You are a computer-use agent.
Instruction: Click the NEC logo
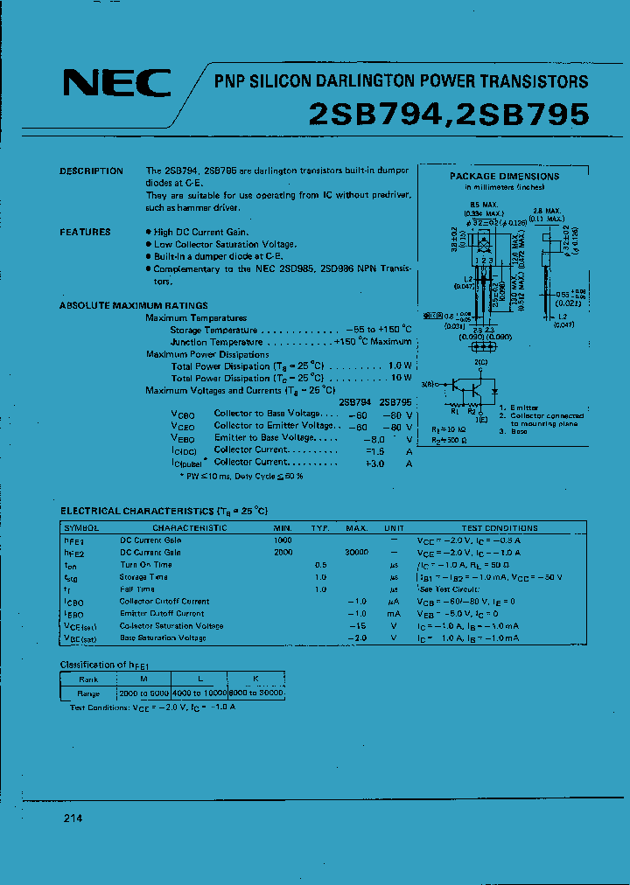pos(116,83)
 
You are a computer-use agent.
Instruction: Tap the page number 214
pos(73,819)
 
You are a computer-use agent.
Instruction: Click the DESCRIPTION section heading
pos(91,171)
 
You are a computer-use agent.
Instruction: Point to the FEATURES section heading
pos(85,233)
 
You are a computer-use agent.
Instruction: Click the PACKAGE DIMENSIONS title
pos(504,176)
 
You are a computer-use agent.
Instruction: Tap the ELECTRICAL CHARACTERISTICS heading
pos(164,510)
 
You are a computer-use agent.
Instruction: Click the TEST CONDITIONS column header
pos(500,528)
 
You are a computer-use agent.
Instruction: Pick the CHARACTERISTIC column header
pos(190,528)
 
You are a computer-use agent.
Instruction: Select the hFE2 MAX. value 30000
pos(356,553)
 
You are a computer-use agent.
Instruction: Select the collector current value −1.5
pos(374,450)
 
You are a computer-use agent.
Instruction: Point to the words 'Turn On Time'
pos(145,565)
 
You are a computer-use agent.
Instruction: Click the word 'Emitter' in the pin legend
pos(525,408)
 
